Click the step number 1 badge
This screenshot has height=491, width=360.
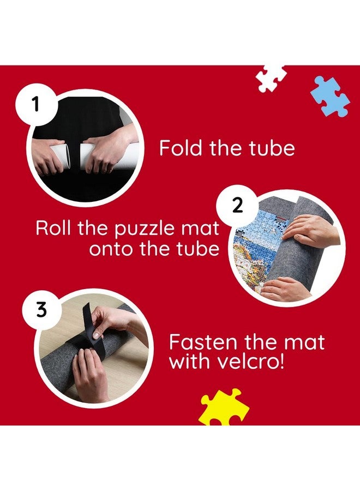35,104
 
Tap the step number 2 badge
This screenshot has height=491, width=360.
237,207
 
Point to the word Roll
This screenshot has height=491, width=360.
54,227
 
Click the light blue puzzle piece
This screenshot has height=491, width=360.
329,96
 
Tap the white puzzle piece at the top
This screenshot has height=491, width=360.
271,77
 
